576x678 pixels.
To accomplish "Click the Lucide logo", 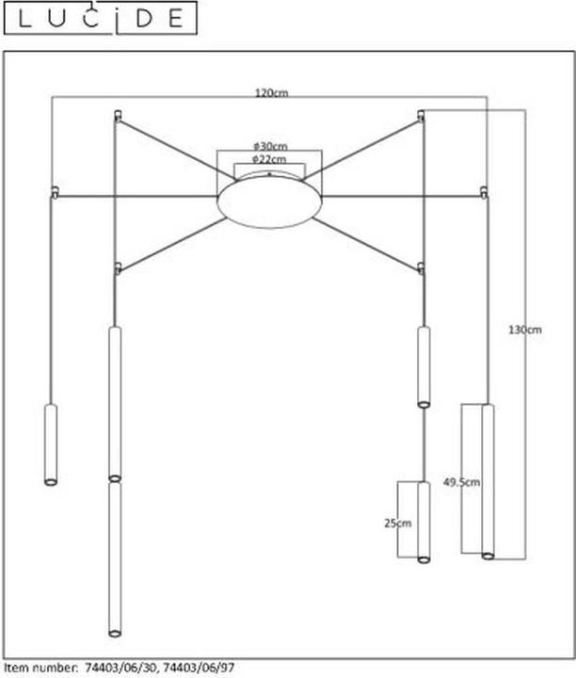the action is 101,18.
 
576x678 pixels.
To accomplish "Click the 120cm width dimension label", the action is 271,93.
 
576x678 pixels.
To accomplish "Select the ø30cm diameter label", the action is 270,146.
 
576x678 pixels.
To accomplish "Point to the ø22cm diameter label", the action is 269,159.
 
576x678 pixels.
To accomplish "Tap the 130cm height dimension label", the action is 524,330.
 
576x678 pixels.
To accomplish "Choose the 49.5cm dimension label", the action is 461,482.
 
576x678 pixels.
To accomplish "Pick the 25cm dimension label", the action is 397,524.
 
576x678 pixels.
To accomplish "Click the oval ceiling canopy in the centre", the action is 269,200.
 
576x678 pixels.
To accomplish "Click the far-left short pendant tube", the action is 51,444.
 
